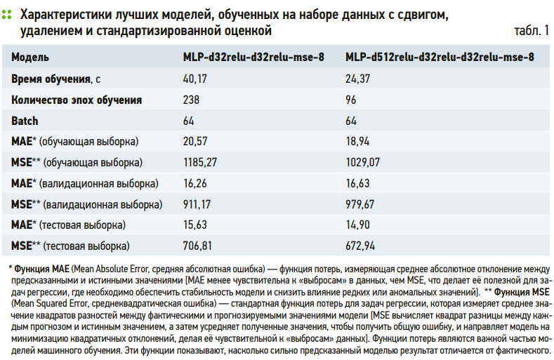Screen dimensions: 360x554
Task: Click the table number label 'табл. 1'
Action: coord(532,32)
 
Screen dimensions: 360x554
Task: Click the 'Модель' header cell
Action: coord(29,58)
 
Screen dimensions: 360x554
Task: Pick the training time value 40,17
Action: coord(195,79)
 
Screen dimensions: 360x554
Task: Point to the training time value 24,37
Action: coord(357,79)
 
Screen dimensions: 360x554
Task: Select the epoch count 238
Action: coord(192,100)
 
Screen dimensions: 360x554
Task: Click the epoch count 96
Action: coord(351,100)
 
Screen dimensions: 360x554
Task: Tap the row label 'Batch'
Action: coord(25,121)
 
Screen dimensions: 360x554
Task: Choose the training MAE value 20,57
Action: coord(195,142)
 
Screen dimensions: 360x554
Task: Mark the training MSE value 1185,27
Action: coord(200,163)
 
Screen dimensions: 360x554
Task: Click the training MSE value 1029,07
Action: coord(362,163)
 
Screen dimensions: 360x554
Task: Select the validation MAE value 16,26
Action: coord(195,184)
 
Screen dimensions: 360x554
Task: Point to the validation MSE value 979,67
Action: coord(360,205)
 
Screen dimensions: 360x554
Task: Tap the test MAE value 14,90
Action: coord(357,225)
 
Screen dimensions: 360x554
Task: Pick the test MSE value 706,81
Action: coord(198,246)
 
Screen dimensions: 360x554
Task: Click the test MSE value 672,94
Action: coord(360,246)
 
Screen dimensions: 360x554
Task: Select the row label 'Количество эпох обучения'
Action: coord(77,100)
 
